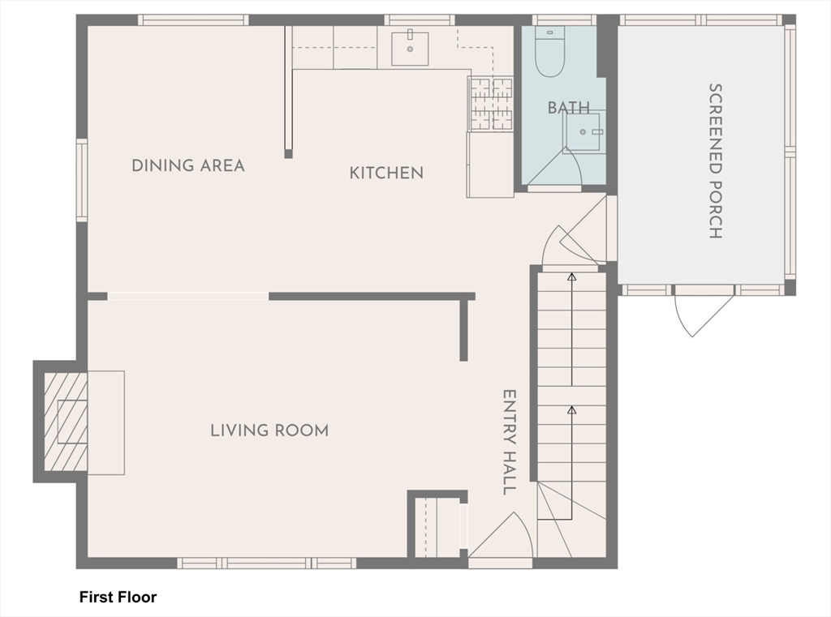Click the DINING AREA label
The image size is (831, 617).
[187, 165]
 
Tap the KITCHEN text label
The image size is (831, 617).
[386, 173]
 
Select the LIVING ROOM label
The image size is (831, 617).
[269, 430]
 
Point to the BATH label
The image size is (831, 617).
[568, 108]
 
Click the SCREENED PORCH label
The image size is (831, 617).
[715, 161]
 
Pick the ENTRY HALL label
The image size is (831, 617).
[509, 442]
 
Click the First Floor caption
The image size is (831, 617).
[118, 598]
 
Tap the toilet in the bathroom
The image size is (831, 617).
[550, 54]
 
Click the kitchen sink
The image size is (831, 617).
[410, 48]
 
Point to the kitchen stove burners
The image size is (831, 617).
[492, 104]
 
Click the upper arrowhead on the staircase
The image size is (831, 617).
[571, 277]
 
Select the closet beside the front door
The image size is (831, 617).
[437, 528]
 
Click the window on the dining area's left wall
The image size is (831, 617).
[82, 180]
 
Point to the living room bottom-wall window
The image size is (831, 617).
[266, 563]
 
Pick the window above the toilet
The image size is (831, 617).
[563, 20]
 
